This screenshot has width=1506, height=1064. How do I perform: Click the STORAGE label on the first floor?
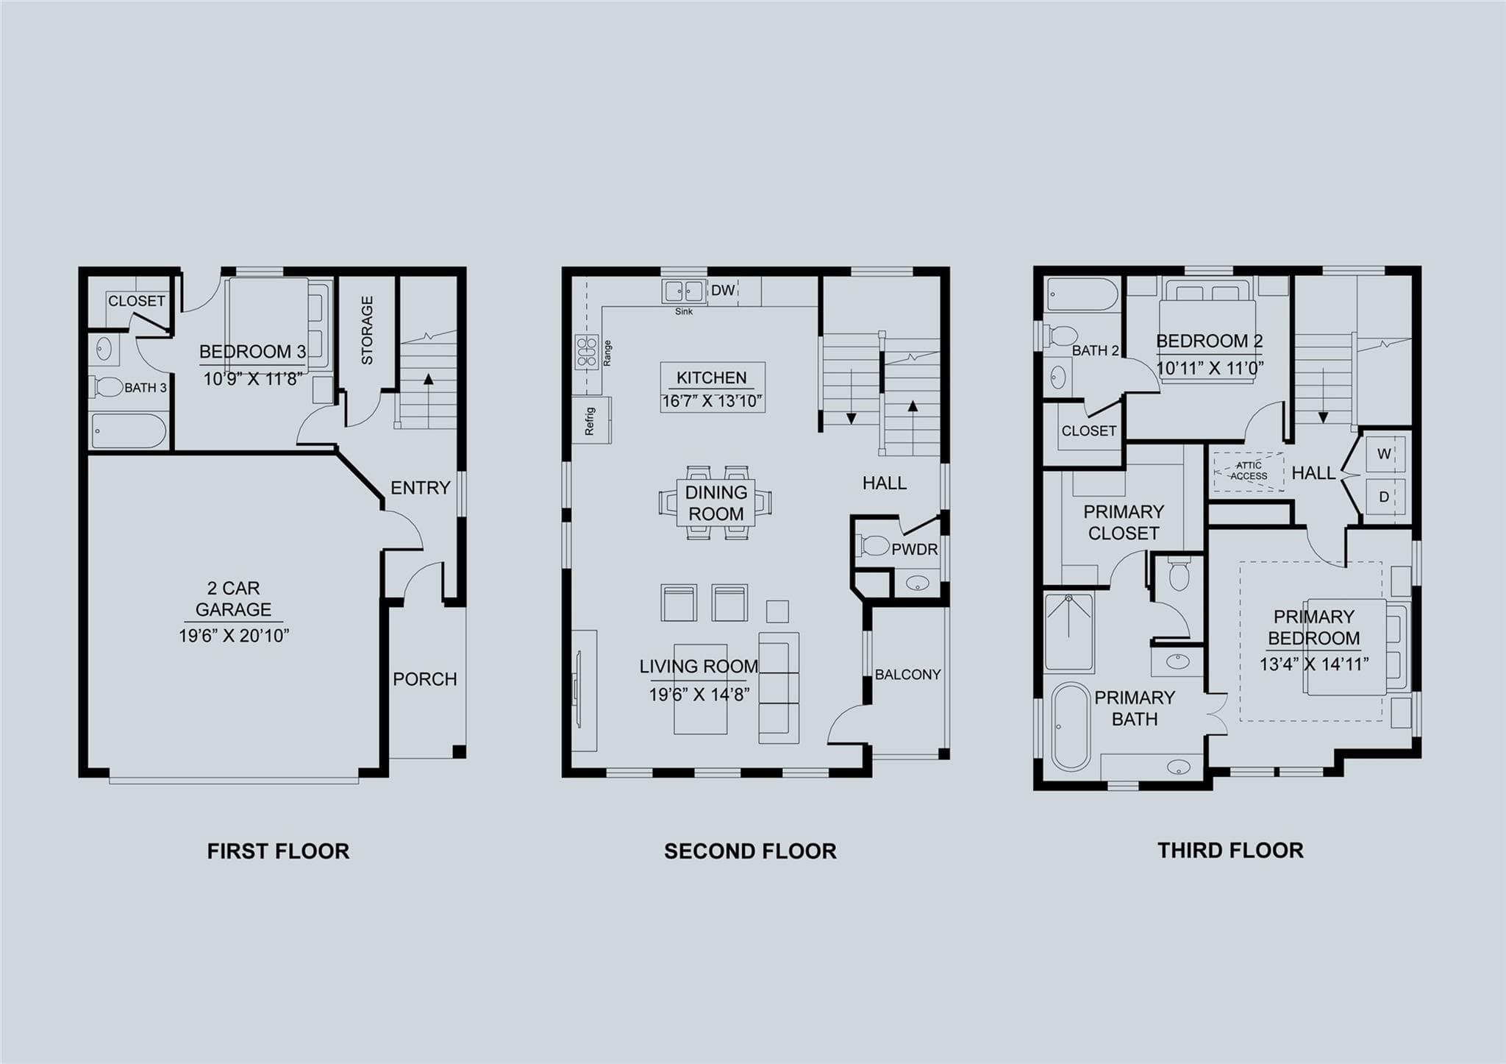coord(367,330)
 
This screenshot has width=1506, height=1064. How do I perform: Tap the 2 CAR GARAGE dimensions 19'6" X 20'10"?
coord(234,636)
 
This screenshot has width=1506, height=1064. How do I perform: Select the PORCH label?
coord(425,679)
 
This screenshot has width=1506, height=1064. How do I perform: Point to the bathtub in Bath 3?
coord(129,430)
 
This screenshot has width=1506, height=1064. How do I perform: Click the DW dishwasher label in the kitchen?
coord(723,291)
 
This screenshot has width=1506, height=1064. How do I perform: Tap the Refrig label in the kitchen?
coord(590,421)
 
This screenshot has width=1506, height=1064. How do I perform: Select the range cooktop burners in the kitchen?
coord(587,352)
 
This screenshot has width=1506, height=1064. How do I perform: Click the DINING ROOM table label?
coord(716,503)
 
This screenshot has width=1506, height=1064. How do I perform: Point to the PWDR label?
coord(915,550)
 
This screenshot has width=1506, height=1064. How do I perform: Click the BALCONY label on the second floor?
coord(908,675)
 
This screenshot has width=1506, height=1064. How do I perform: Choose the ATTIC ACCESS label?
coord(1249,471)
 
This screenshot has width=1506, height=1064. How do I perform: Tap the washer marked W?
coord(1384,454)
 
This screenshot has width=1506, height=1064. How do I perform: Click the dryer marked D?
coord(1384,497)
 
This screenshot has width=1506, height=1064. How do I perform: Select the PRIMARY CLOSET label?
coord(1124,522)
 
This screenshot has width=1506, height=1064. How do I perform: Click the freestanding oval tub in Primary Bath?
coord(1070,727)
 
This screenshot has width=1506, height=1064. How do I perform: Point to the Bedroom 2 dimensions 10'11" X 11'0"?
coord(1210,368)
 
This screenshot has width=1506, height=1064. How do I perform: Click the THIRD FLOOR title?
coord(1230,851)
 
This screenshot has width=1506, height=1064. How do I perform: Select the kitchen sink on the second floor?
coord(684,291)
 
